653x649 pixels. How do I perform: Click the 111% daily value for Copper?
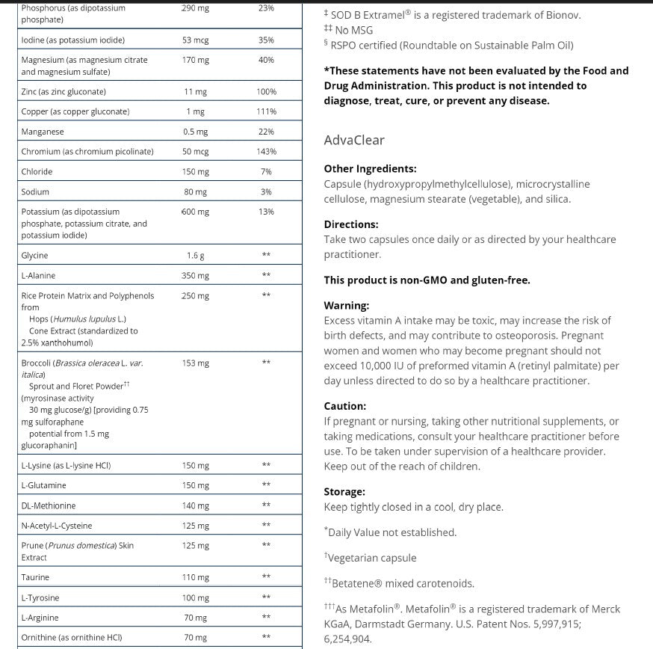click(x=266, y=111)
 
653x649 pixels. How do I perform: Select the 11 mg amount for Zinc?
click(x=196, y=92)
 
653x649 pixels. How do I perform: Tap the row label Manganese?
click(x=43, y=132)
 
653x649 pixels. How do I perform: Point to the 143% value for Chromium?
click(x=266, y=152)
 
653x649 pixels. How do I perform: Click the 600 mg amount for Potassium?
click(x=196, y=212)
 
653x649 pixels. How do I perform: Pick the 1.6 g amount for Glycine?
click(x=196, y=256)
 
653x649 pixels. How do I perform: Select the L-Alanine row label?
click(x=38, y=276)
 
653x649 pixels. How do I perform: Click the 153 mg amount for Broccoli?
click(x=196, y=363)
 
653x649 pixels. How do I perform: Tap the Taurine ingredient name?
click(x=35, y=577)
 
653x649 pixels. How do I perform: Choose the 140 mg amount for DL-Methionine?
click(x=196, y=505)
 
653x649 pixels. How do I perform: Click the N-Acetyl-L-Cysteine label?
click(x=57, y=526)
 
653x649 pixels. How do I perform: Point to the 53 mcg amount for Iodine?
click(x=196, y=40)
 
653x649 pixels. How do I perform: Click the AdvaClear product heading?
click(x=354, y=140)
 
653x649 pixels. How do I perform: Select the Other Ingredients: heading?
click(x=370, y=169)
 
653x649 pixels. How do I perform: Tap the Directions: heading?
click(x=351, y=224)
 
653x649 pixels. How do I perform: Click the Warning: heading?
click(x=347, y=306)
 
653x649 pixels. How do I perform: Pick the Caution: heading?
click(x=345, y=406)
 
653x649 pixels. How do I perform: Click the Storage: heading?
click(x=344, y=492)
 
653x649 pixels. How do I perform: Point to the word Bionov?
click(x=562, y=15)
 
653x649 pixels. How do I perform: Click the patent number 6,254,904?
click(x=347, y=639)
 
